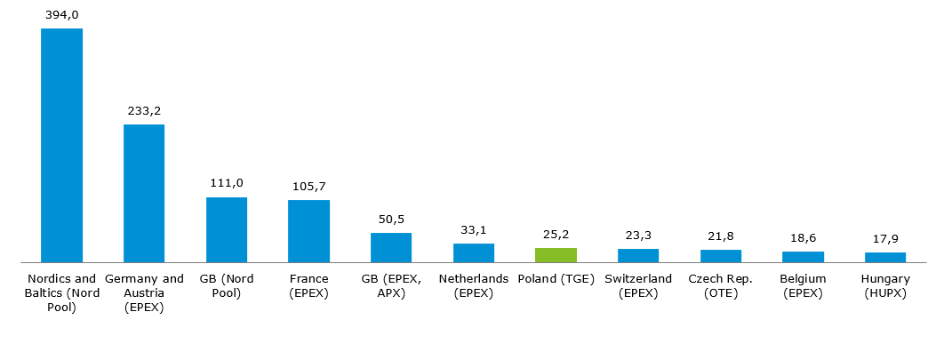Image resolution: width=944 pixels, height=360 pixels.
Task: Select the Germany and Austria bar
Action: tap(144, 193)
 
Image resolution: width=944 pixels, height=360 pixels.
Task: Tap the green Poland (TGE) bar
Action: tap(556, 255)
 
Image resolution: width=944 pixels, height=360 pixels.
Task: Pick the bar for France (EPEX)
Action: tap(308, 231)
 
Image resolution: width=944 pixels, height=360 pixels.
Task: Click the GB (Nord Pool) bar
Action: tap(227, 229)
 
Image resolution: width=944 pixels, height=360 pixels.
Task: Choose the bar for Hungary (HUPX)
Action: tap(885, 258)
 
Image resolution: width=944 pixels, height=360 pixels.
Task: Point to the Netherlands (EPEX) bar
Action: tap(474, 253)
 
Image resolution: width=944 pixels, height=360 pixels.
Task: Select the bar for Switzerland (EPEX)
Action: tap(638, 256)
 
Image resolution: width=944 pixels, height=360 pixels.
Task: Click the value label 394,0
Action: tap(61, 14)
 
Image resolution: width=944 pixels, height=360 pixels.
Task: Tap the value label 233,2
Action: tap(144, 110)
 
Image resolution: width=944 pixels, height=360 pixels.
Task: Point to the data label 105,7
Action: tap(308, 186)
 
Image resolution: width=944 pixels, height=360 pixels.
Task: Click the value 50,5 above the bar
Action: tap(391, 219)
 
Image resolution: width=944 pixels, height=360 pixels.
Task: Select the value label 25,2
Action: tap(556, 234)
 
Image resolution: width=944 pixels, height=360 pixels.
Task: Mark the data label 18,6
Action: tap(803, 237)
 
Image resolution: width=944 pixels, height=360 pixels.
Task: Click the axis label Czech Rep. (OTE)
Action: tap(720, 286)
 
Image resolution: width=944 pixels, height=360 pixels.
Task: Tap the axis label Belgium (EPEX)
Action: tap(803, 286)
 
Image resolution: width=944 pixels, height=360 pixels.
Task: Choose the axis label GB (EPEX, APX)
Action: tap(391, 286)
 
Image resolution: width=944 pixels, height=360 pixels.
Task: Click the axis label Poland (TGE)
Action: tap(556, 279)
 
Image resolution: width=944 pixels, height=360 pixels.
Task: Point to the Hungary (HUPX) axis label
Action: tap(885, 286)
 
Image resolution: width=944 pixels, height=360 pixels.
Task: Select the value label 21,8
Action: tap(720, 236)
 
